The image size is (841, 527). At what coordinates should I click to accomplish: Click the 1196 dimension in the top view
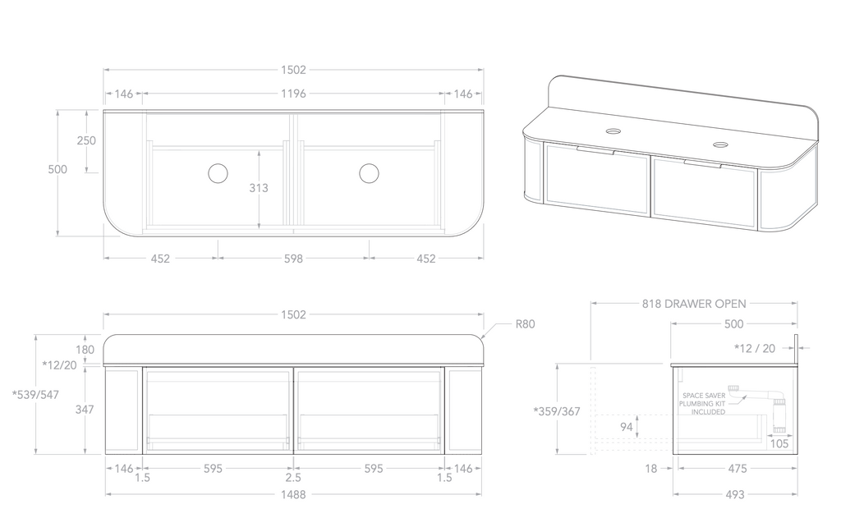293,94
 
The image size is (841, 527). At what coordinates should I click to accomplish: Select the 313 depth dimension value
259,188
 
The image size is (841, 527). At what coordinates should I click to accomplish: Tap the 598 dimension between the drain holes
293,259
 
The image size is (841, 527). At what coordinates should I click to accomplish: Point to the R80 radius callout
526,324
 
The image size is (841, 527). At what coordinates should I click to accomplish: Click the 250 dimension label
86,140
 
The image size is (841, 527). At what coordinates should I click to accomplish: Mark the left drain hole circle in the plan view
218,172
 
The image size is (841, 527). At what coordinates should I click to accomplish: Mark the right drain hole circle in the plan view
369,172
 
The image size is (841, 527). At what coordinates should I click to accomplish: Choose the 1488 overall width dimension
293,495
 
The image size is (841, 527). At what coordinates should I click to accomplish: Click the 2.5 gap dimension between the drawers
293,477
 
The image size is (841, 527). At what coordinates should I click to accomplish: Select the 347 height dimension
85,409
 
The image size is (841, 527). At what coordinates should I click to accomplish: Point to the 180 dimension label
85,350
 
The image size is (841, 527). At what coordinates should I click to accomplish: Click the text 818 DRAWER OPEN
694,303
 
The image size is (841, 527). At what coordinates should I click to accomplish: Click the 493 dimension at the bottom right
734,495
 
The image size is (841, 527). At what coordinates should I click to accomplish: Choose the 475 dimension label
737,469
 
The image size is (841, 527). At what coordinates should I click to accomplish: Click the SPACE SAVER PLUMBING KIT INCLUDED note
704,403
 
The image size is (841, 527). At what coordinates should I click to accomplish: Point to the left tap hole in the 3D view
614,131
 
